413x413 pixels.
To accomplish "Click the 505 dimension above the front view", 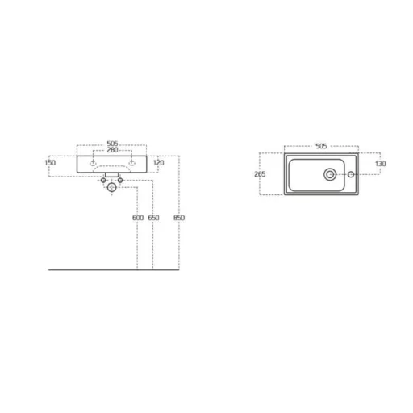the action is pyautogui.click(x=112, y=144).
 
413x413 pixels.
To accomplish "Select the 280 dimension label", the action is pyautogui.click(x=112, y=150).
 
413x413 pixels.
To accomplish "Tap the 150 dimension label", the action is pyautogui.click(x=50, y=162).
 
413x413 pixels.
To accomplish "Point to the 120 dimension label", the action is pyautogui.click(x=158, y=162).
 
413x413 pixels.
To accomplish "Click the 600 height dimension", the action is pyautogui.click(x=138, y=218).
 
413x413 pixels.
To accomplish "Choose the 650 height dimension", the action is pyautogui.click(x=153, y=218).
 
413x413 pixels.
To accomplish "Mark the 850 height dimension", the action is pyautogui.click(x=179, y=218).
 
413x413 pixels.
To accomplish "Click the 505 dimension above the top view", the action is pyautogui.click(x=321, y=146).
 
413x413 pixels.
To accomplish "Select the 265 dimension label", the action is pyautogui.click(x=260, y=174).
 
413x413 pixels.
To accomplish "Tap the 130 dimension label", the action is pyautogui.click(x=380, y=164).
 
